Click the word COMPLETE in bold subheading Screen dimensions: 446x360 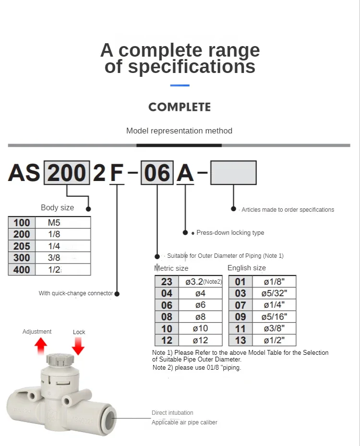pos(180,107)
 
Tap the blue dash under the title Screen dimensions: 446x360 pos(180,85)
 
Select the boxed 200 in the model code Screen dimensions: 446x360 pos(67,173)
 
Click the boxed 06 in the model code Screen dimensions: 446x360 pos(157,173)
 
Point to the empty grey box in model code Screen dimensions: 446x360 pos(233,173)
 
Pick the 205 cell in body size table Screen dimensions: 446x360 pos(22,246)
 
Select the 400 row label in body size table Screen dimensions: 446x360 pos(22,270)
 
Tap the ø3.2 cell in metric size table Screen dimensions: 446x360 pos(200,282)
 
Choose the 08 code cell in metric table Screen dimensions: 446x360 pos(167,317)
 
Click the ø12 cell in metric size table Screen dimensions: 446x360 pos(200,340)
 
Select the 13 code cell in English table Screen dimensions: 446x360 pos(240,340)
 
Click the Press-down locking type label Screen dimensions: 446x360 pos(230,233)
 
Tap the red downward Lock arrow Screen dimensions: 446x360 pos(78,346)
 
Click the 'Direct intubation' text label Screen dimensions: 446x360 pos(172,413)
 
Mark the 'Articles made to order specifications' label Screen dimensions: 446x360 pos(288,210)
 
